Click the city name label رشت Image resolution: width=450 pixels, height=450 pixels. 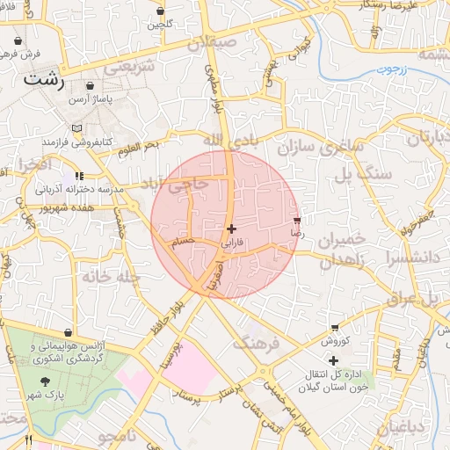44,79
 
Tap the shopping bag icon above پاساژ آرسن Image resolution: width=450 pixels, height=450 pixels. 91,88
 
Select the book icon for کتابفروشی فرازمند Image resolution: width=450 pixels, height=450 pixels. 77,128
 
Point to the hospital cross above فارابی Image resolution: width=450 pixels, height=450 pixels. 231,229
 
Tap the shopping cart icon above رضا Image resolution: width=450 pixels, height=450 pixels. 297,221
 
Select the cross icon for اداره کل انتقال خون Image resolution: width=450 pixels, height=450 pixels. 333,361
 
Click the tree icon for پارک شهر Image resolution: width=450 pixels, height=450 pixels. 45,381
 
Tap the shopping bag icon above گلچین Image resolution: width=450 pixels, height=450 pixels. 160,11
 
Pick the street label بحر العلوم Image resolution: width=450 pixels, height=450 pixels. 141,146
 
